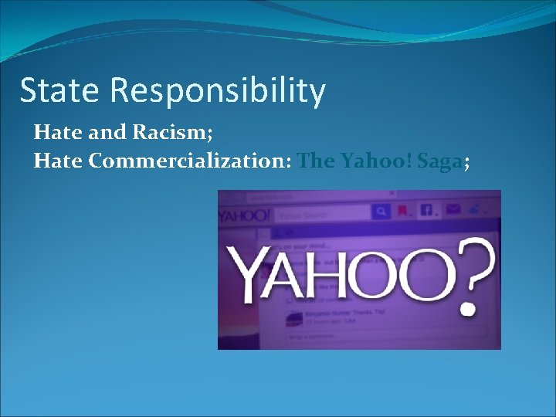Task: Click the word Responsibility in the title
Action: click(218, 90)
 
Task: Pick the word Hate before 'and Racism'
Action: click(59, 132)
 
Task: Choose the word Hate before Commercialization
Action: click(59, 161)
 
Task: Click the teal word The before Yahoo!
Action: click(315, 161)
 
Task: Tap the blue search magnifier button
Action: click(381, 211)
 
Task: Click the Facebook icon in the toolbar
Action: click(427, 210)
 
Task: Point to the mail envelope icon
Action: click(453, 209)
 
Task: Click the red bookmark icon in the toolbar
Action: click(402, 211)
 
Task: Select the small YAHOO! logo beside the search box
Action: click(239, 215)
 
